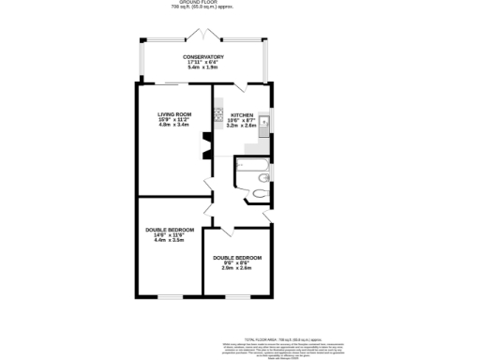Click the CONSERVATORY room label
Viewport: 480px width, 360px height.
pyautogui.click(x=203, y=58)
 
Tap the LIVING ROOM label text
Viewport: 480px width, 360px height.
pyautogui.click(x=172, y=114)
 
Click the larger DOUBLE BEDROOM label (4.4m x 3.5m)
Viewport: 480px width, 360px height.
pyautogui.click(x=169, y=230)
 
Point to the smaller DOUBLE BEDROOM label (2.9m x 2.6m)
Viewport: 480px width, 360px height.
pyautogui.click(x=236, y=258)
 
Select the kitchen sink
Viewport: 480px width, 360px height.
pyautogui.click(x=264, y=121)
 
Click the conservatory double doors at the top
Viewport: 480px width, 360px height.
pyautogui.click(x=203, y=36)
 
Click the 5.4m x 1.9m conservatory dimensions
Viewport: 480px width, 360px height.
pyautogui.click(x=203, y=68)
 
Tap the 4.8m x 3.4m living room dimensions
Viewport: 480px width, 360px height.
pyautogui.click(x=172, y=125)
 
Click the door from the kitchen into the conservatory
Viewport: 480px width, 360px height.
pyautogui.click(x=241, y=86)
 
